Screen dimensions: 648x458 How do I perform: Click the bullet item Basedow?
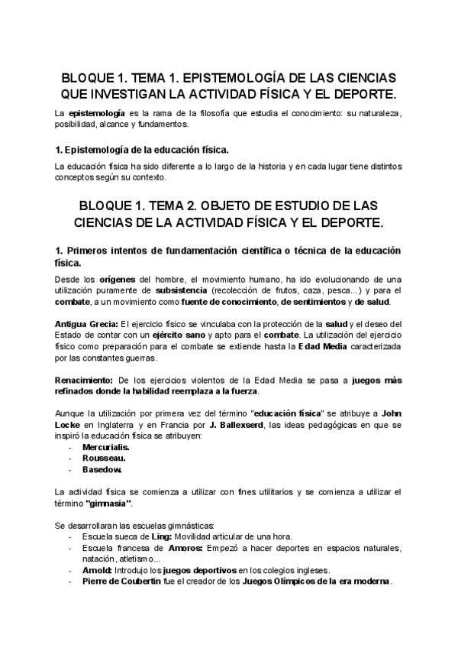pos(102,468)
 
